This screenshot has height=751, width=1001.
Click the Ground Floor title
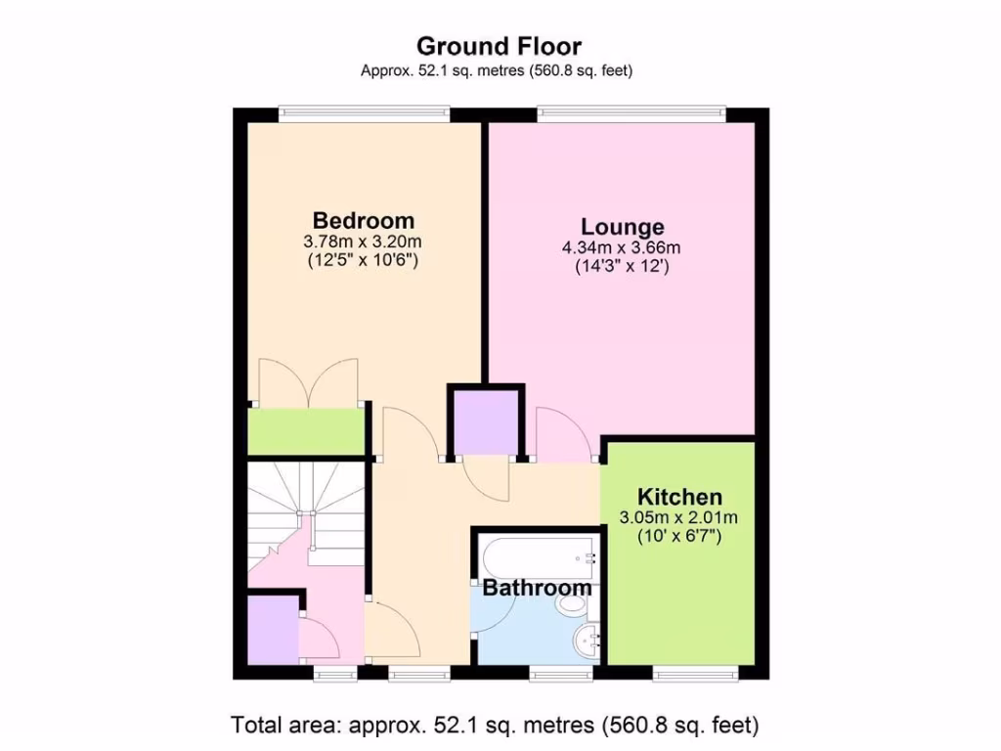pyautogui.click(x=499, y=46)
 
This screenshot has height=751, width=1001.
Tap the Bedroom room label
pyautogui.click(x=363, y=220)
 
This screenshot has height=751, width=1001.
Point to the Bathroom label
pyautogui.click(x=537, y=589)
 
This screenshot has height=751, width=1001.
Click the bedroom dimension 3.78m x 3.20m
pyautogui.click(x=363, y=241)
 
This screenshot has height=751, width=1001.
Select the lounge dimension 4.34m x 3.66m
pyautogui.click(x=622, y=248)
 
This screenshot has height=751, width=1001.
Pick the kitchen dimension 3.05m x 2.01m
pyautogui.click(x=679, y=517)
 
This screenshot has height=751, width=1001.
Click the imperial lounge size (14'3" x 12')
pyautogui.click(x=622, y=267)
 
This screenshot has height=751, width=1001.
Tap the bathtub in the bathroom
pyautogui.click(x=539, y=556)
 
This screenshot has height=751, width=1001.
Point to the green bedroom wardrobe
pyautogui.click(x=305, y=431)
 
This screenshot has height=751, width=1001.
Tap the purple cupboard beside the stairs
pyautogui.click(x=272, y=631)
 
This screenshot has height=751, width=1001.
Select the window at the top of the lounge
pyautogui.click(x=632, y=113)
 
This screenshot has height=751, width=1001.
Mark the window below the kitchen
pyautogui.click(x=695, y=674)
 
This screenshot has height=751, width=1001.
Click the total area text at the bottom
pyautogui.click(x=495, y=726)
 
